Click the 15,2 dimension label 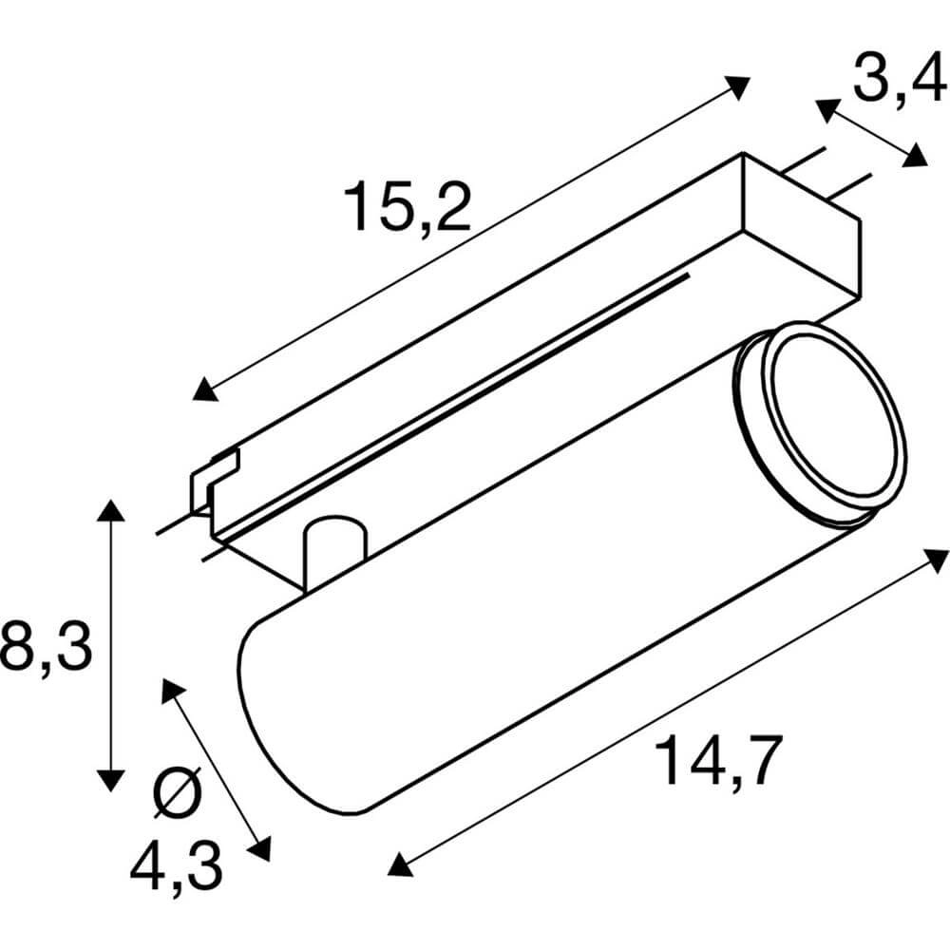(x=408, y=207)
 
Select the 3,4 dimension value (x=898, y=78)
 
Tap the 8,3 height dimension (x=46, y=645)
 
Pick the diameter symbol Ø (x=178, y=791)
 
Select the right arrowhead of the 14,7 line (x=936, y=559)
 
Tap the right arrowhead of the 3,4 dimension (x=916, y=156)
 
